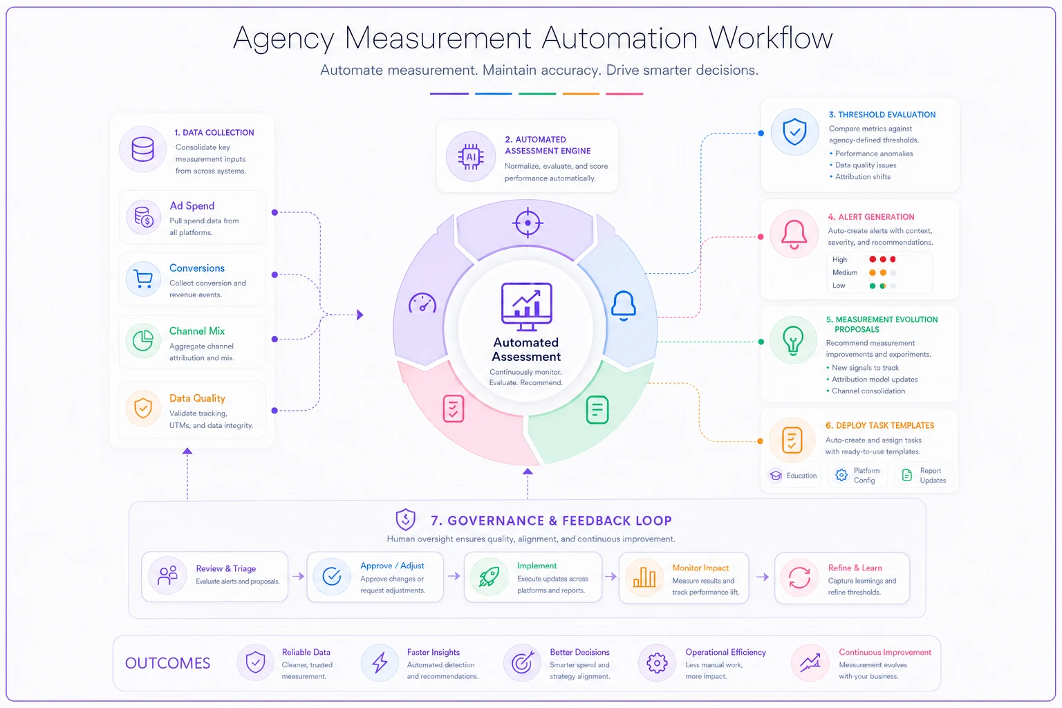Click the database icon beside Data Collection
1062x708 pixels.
click(142, 149)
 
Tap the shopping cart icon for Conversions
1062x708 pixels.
click(143, 279)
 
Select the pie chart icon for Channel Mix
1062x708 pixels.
click(142, 340)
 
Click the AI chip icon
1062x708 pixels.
click(470, 156)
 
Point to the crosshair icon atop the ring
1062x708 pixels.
click(528, 223)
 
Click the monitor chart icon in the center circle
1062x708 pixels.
click(527, 306)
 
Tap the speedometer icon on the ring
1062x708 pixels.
click(422, 304)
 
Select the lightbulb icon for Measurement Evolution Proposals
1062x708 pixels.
click(793, 340)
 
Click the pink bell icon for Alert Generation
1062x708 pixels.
click(794, 235)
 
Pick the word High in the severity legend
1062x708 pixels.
click(839, 259)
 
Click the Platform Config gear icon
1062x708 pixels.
click(841, 475)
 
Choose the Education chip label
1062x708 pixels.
click(801, 475)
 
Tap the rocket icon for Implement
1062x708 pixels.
click(489, 577)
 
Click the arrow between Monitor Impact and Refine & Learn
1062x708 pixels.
click(763, 577)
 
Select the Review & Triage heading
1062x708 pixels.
click(225, 568)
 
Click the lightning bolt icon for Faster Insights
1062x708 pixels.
click(380, 662)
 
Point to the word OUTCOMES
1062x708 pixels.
click(167, 662)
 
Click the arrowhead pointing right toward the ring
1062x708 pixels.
click(360, 315)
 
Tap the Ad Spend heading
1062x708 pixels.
click(192, 205)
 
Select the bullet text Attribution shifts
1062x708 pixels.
click(862, 176)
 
